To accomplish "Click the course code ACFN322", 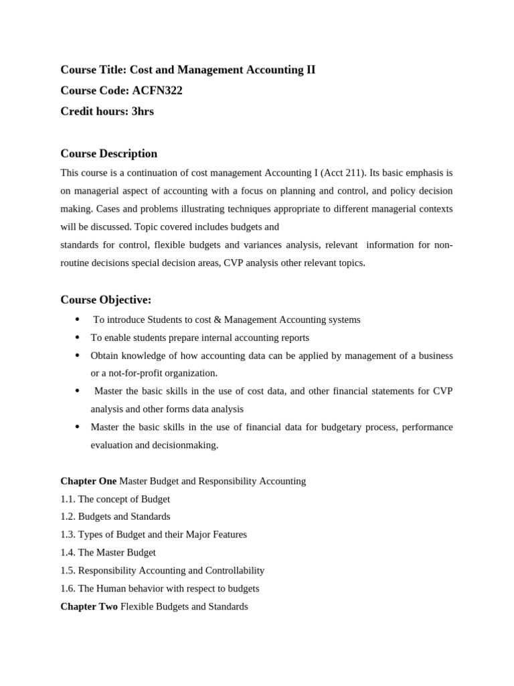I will [157, 90].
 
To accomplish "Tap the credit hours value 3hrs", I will [143, 111].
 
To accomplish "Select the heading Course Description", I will [108, 153].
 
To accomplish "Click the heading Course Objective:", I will [106, 299].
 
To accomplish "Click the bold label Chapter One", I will [88, 481].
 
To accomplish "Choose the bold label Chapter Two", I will [89, 606].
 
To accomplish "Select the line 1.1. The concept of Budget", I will [115, 499].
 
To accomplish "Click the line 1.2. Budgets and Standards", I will [115, 517].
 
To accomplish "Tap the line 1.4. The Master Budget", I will [108, 553].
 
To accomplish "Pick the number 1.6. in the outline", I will [68, 588].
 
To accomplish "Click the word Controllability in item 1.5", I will [235, 571].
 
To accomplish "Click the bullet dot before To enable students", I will [77, 338].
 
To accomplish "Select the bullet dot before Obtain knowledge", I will [77, 356].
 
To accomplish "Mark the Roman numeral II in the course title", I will [310, 70].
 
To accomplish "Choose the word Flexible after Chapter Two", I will [138, 606].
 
